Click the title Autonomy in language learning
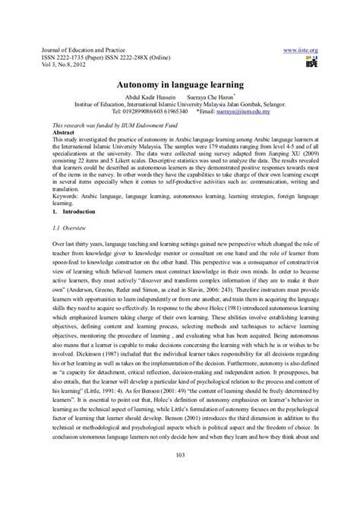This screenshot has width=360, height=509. click(x=179, y=87)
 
